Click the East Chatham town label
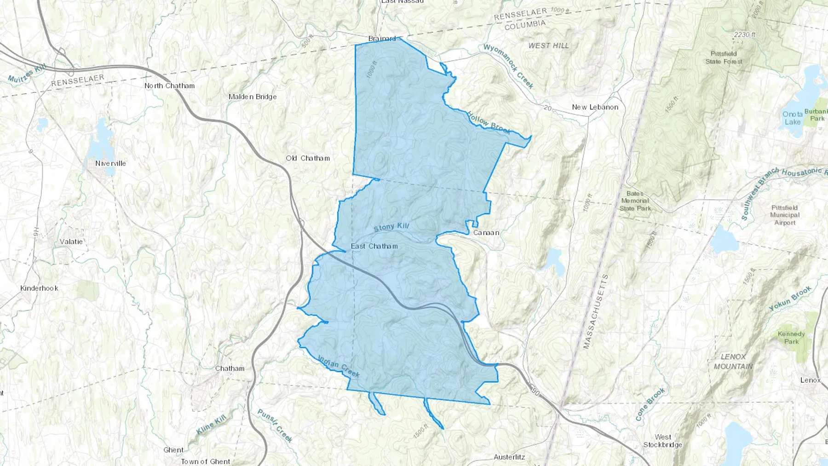[x=374, y=246]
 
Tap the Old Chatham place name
[x=308, y=158]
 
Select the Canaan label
[x=486, y=233]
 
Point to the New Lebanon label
[x=595, y=107]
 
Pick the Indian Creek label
[x=339, y=366]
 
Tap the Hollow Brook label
[x=489, y=122]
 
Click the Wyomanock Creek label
[x=509, y=66]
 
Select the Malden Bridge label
[x=253, y=97]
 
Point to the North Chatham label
[x=169, y=86]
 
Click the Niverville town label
[x=110, y=163]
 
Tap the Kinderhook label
[x=39, y=288]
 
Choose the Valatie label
[x=71, y=242]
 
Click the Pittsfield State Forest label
[x=724, y=58]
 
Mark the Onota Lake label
[x=792, y=118]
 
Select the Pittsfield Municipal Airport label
[x=785, y=215]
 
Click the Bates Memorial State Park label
[x=635, y=201]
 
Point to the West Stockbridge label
[x=662, y=441]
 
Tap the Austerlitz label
[x=509, y=457]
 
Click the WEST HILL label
[x=548, y=46]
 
